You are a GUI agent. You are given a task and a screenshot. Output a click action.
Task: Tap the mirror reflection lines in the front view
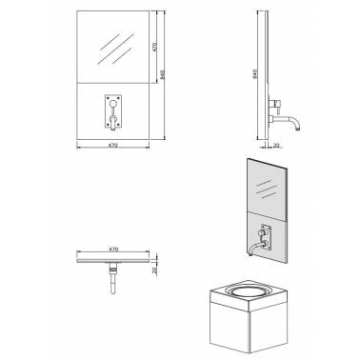point(116,46)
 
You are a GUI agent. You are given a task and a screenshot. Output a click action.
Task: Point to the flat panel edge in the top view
point(112,258)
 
